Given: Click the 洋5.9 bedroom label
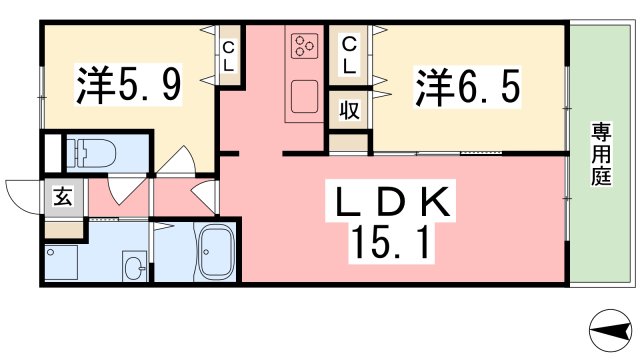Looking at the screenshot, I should pyautogui.click(x=127, y=87).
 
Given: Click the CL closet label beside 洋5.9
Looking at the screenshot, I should pyautogui.click(x=229, y=56).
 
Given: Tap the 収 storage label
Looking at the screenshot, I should pyautogui.click(x=349, y=109).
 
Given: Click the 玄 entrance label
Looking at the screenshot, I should pyautogui.click(x=62, y=197).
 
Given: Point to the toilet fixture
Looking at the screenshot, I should pyautogui.click(x=95, y=154).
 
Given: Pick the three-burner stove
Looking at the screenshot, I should pyautogui.click(x=304, y=46).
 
